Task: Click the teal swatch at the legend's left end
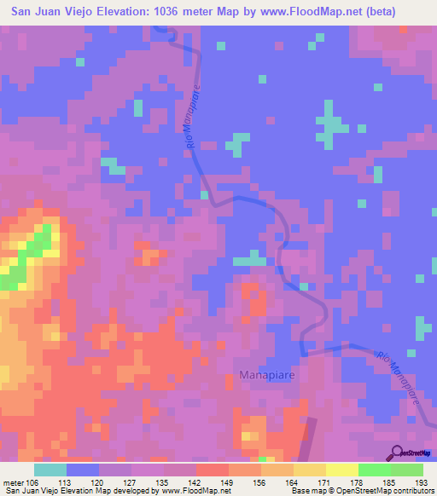coord(50,470)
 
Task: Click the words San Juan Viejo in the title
coord(49,12)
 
